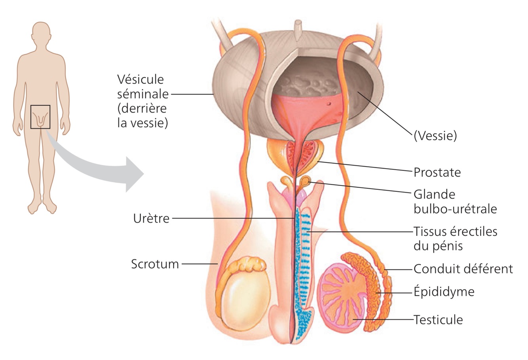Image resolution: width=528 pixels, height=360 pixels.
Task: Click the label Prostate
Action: coord(437,172)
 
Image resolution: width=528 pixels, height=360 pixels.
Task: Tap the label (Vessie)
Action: coord(435,136)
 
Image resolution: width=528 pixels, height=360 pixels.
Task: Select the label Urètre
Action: coord(151,218)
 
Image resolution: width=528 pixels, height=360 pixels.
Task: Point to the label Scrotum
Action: coord(155,263)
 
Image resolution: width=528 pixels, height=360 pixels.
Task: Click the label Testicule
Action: coord(438,319)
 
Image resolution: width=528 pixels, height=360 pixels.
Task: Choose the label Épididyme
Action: coord(444,292)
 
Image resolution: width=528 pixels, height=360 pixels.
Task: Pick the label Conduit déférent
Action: coord(463,269)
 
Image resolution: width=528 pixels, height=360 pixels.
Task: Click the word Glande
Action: coord(434,195)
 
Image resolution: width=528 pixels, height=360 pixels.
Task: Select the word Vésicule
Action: coord(141,80)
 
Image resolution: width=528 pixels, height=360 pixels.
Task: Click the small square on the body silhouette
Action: coord(40,117)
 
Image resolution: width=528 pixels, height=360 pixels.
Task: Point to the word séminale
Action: coord(143,95)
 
